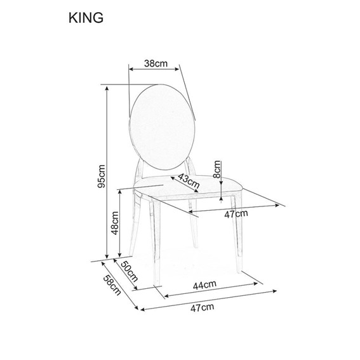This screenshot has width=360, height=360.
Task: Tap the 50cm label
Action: point(129,273)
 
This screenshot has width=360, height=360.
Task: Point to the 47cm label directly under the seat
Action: point(237,214)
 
